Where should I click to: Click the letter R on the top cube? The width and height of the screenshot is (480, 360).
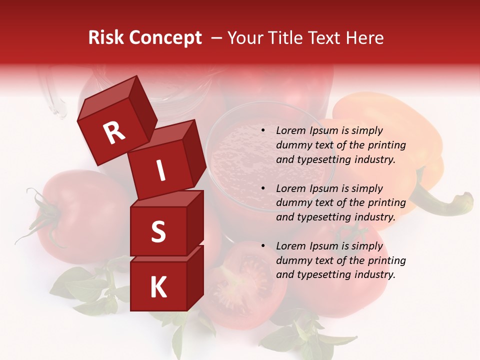114,133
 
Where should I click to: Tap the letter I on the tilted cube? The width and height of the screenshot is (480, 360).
160,170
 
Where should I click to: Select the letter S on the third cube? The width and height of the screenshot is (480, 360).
158,232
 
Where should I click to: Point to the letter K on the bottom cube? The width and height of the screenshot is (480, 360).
158,287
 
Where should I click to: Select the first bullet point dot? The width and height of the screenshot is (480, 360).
263,131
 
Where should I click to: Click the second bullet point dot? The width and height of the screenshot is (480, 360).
263,188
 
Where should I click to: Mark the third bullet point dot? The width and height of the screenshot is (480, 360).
263,246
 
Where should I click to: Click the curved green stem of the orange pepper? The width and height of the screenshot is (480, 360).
440,200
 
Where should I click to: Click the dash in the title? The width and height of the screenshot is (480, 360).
216,38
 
